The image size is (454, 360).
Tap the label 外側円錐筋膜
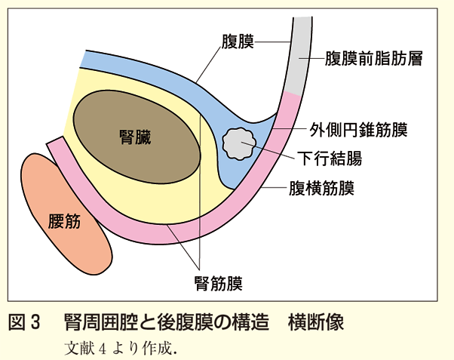[359, 130]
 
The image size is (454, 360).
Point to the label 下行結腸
[336, 158]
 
